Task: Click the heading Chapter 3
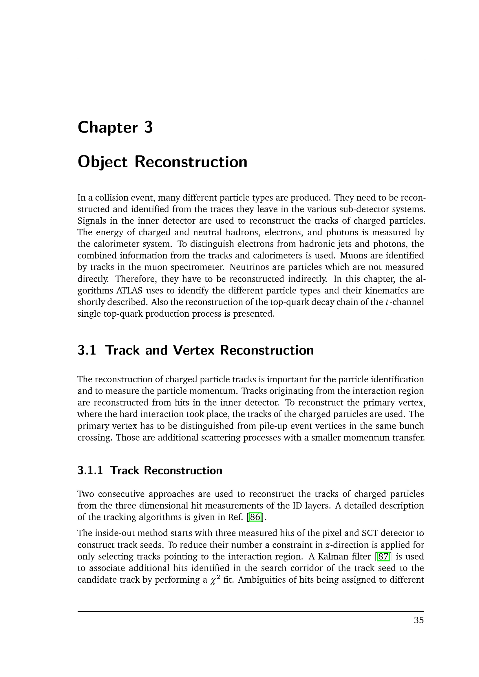point(115,127)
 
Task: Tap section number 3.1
point(87,350)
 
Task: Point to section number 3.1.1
point(90,470)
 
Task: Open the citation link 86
point(255,517)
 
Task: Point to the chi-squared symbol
point(214,580)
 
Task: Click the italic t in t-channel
point(387,302)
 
